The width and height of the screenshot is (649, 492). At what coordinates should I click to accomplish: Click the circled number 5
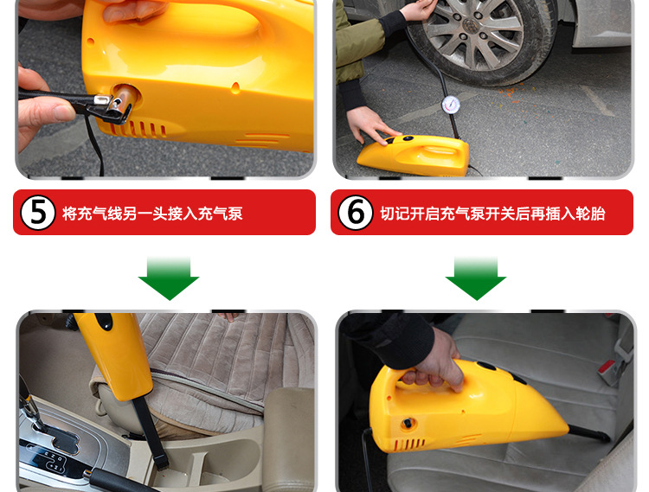tap(38, 213)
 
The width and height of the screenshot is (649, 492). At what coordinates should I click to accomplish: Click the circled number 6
tap(356, 213)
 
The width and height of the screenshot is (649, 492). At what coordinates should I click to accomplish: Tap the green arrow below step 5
tap(169, 278)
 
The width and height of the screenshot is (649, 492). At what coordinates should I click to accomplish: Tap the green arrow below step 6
tap(476, 278)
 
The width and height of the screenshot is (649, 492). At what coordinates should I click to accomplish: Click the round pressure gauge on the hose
tap(451, 105)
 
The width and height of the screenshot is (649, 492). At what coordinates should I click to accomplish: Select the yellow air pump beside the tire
tap(414, 155)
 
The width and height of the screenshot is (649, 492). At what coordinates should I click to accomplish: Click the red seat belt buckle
tap(607, 367)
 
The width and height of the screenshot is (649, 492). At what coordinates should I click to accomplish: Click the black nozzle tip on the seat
tap(588, 433)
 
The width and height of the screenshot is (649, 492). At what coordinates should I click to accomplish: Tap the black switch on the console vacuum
tap(104, 321)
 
